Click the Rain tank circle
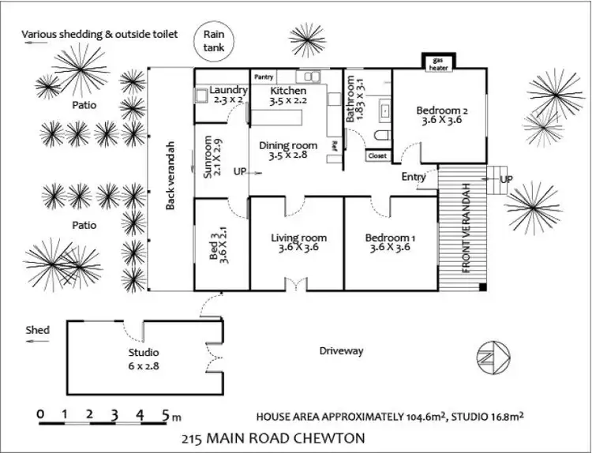click(213, 41)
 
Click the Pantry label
click(264, 77)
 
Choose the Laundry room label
click(230, 90)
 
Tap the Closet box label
click(377, 156)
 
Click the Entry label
click(413, 177)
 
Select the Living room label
click(298, 238)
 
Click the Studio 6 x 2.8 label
click(144, 352)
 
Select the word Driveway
click(341, 351)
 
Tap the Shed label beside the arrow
click(37, 330)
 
